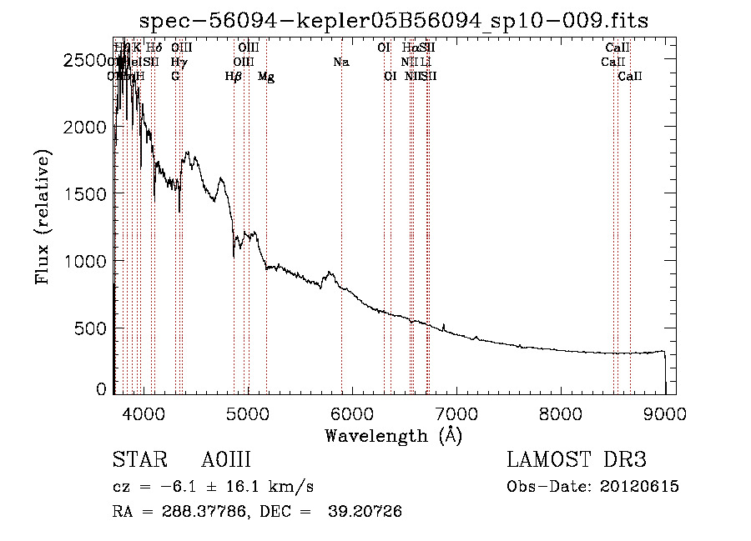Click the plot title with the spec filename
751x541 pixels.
pos(393,20)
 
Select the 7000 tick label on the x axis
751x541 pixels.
pos(456,413)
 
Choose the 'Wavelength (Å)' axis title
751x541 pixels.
pos(393,435)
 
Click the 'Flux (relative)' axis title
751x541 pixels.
pos(43,218)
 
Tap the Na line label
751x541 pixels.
pos(340,62)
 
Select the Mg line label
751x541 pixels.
pos(265,77)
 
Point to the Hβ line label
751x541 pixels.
pos(234,77)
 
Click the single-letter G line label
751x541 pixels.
pos(175,77)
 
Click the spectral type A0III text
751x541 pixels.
pos(226,461)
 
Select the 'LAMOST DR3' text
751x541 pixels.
pos(577,461)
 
